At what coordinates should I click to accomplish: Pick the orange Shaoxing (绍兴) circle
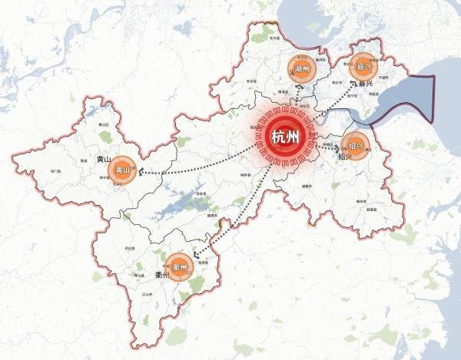coord(355,144)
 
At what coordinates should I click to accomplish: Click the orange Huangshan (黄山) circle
coord(123,170)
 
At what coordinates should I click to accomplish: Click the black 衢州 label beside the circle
coord(159,276)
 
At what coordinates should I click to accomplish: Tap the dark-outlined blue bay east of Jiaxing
coord(407,96)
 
